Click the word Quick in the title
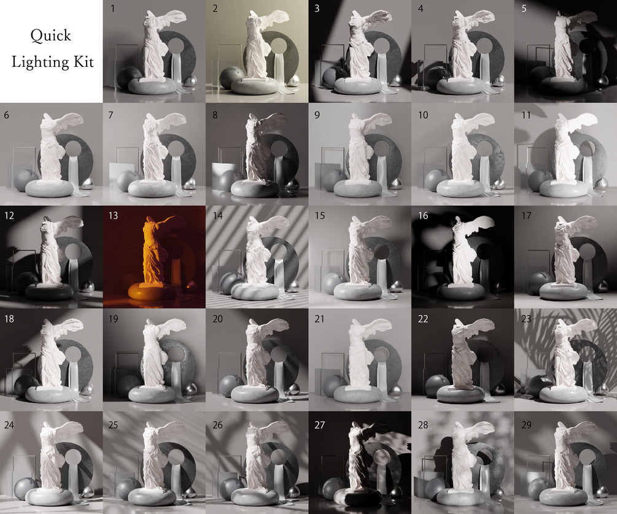[x=51, y=36]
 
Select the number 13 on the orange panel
[x=113, y=215]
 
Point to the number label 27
[x=319, y=424]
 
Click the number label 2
[x=215, y=8]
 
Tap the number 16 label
[x=423, y=215]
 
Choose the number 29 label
[x=526, y=424]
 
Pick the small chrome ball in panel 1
[x=191, y=80]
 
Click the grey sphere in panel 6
[x=25, y=180]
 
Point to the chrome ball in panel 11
[x=603, y=183]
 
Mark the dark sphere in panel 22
[x=436, y=385]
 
